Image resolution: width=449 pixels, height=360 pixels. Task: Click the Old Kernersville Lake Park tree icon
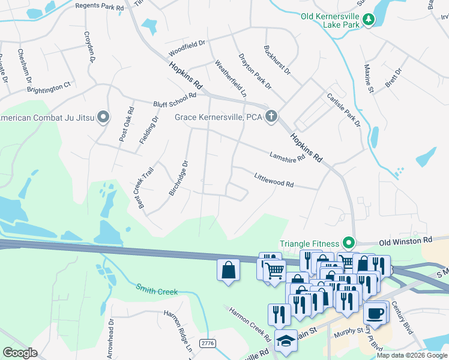(369, 20)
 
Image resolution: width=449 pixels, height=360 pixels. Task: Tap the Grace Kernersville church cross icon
(271, 116)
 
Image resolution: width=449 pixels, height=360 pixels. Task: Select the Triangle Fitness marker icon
(348, 244)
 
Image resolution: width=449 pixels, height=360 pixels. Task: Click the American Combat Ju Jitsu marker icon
(103, 117)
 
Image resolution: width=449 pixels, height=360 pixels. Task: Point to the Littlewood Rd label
(273, 180)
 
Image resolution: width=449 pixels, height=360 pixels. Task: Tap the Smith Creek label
(157, 291)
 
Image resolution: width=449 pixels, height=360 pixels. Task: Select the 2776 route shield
(208, 342)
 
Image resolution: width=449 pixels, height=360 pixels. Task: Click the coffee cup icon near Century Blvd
(375, 313)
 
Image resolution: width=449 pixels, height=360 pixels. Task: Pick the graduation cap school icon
(285, 340)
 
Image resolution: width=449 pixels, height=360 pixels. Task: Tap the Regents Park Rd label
(100, 5)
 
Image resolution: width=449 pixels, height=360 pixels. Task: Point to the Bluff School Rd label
(175, 100)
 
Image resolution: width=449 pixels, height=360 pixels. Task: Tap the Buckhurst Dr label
(277, 60)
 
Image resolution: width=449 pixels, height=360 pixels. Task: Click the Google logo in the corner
(20, 353)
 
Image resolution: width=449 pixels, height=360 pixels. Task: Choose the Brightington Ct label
(49, 88)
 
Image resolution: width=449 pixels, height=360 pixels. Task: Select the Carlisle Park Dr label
(343, 110)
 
